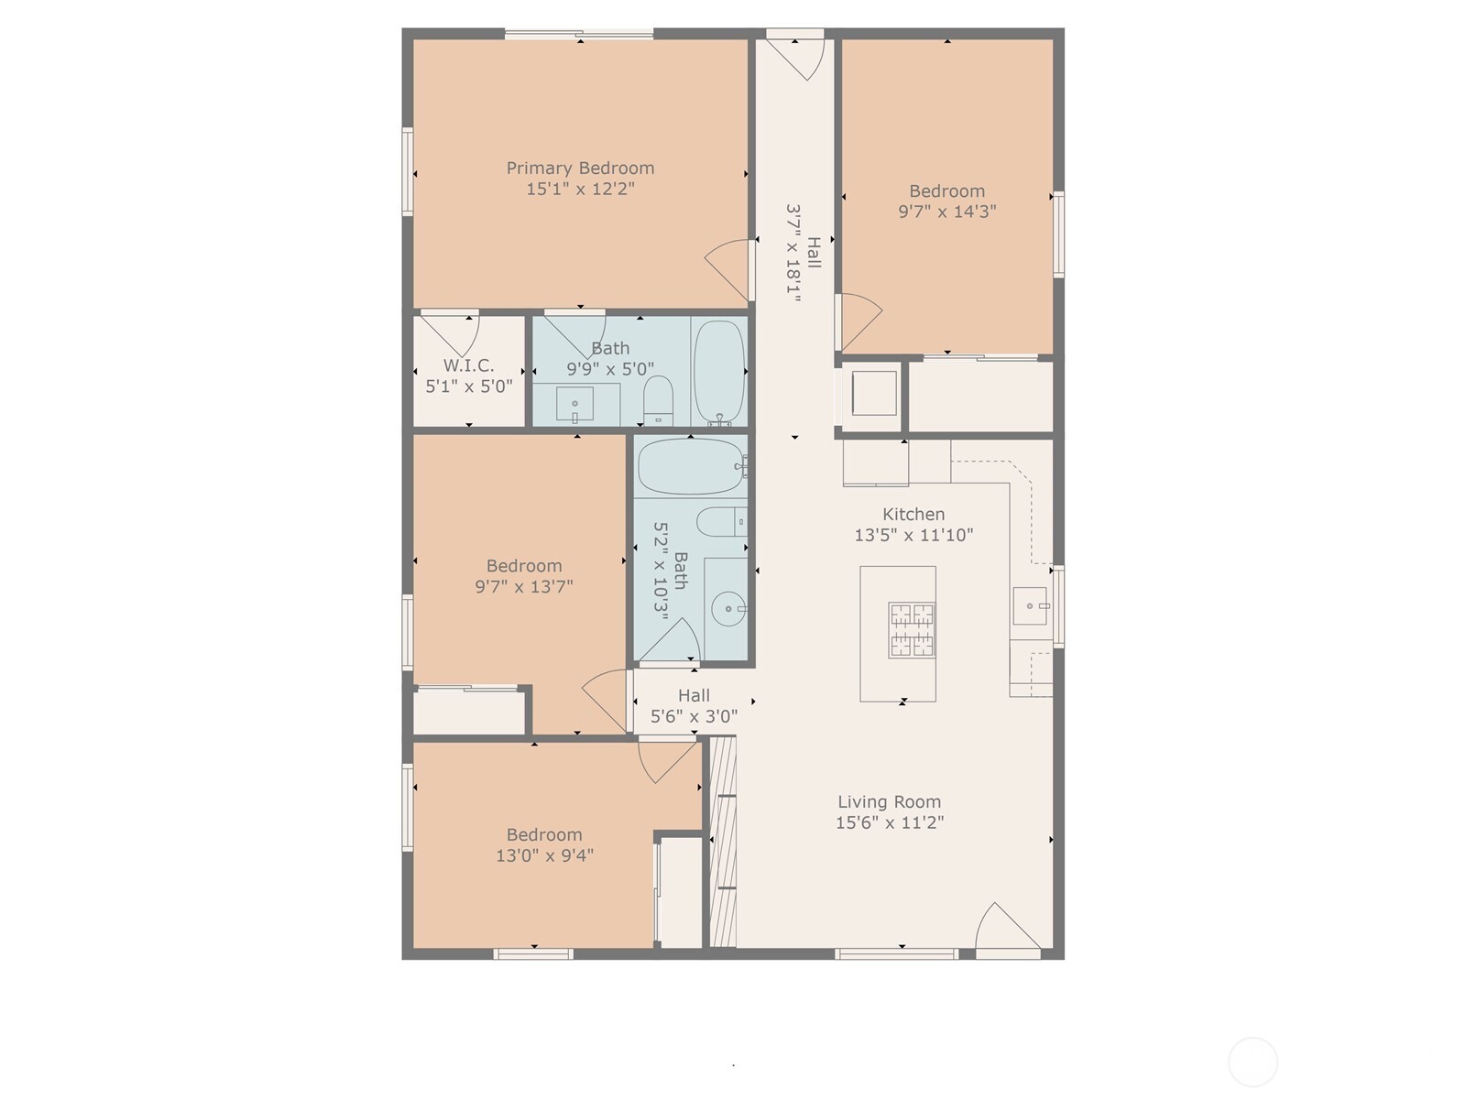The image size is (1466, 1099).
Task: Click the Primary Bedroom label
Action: [x=580, y=169]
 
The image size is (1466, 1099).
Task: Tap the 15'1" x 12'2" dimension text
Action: [x=580, y=190]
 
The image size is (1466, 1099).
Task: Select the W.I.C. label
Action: [x=468, y=365]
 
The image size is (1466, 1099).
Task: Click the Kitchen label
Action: [x=914, y=515]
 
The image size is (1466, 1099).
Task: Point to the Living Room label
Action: [x=889, y=802]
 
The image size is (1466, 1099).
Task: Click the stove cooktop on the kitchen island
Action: [x=911, y=630]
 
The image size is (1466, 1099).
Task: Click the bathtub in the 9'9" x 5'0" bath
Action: [x=718, y=370]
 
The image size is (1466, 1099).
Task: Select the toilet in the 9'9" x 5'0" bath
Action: [x=658, y=399]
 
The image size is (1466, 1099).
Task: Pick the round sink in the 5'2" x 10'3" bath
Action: [x=728, y=609]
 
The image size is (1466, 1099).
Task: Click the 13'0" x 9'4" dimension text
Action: [x=544, y=856]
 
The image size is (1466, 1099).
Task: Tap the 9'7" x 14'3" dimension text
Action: [x=946, y=212]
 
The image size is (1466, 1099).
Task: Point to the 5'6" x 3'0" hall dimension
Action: [x=694, y=717]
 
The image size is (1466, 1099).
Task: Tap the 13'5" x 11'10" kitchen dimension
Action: [x=914, y=536]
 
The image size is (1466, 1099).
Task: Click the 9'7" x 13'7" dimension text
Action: [x=524, y=587]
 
